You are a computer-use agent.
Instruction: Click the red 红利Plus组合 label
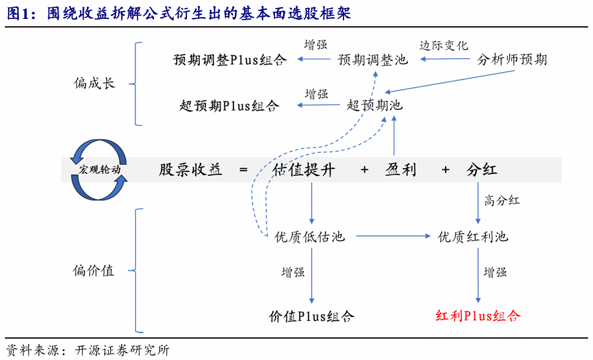tap(477, 316)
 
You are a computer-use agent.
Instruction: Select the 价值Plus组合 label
tap(312, 316)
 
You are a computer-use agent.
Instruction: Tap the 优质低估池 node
tap(310, 237)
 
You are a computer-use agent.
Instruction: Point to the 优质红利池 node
tap(473, 237)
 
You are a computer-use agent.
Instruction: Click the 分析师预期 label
tap(512, 59)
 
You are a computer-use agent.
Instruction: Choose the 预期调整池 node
tap(373, 59)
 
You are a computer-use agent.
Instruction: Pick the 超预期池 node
tap(375, 105)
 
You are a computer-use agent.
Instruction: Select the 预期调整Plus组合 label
tap(230, 59)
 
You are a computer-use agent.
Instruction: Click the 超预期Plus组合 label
tap(230, 105)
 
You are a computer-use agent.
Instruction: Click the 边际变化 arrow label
tap(444, 45)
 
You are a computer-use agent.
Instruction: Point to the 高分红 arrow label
tap(502, 200)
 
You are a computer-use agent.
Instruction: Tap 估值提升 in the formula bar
tap(304, 170)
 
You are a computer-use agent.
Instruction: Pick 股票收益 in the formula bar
tap(190, 170)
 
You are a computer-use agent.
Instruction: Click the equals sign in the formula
tap(243, 170)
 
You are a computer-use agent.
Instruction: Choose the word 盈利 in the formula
tap(401, 170)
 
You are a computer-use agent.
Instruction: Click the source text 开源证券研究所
tap(122, 351)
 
